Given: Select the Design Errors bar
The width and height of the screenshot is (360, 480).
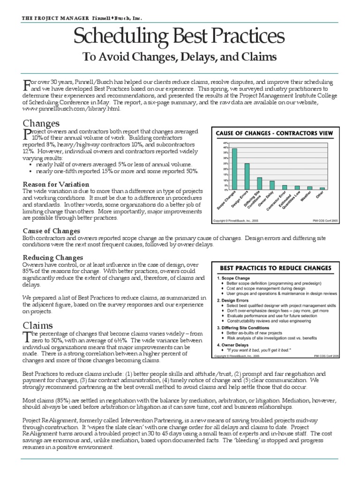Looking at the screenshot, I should click(x=247, y=176).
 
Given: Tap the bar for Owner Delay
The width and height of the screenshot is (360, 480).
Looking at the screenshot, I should click(x=272, y=185).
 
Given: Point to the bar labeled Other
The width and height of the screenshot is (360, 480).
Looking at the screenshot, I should click(x=322, y=188).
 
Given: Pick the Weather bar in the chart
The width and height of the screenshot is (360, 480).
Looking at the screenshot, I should click(x=309, y=187).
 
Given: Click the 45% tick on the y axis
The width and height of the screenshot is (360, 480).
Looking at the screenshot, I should click(x=225, y=143).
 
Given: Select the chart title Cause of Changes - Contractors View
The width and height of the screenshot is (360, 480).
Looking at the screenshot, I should click(x=274, y=133).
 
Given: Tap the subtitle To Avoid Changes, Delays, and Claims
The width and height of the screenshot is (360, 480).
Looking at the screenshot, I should click(x=180, y=57).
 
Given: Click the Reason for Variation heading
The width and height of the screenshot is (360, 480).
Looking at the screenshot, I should click(x=56, y=184).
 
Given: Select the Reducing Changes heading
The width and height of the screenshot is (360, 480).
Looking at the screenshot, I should click(x=53, y=258).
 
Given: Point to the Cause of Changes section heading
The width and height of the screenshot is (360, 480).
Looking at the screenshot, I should click(x=52, y=231).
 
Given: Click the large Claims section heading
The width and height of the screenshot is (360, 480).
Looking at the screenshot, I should click(x=37, y=325).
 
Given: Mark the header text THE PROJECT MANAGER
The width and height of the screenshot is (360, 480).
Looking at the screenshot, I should click(x=55, y=18).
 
